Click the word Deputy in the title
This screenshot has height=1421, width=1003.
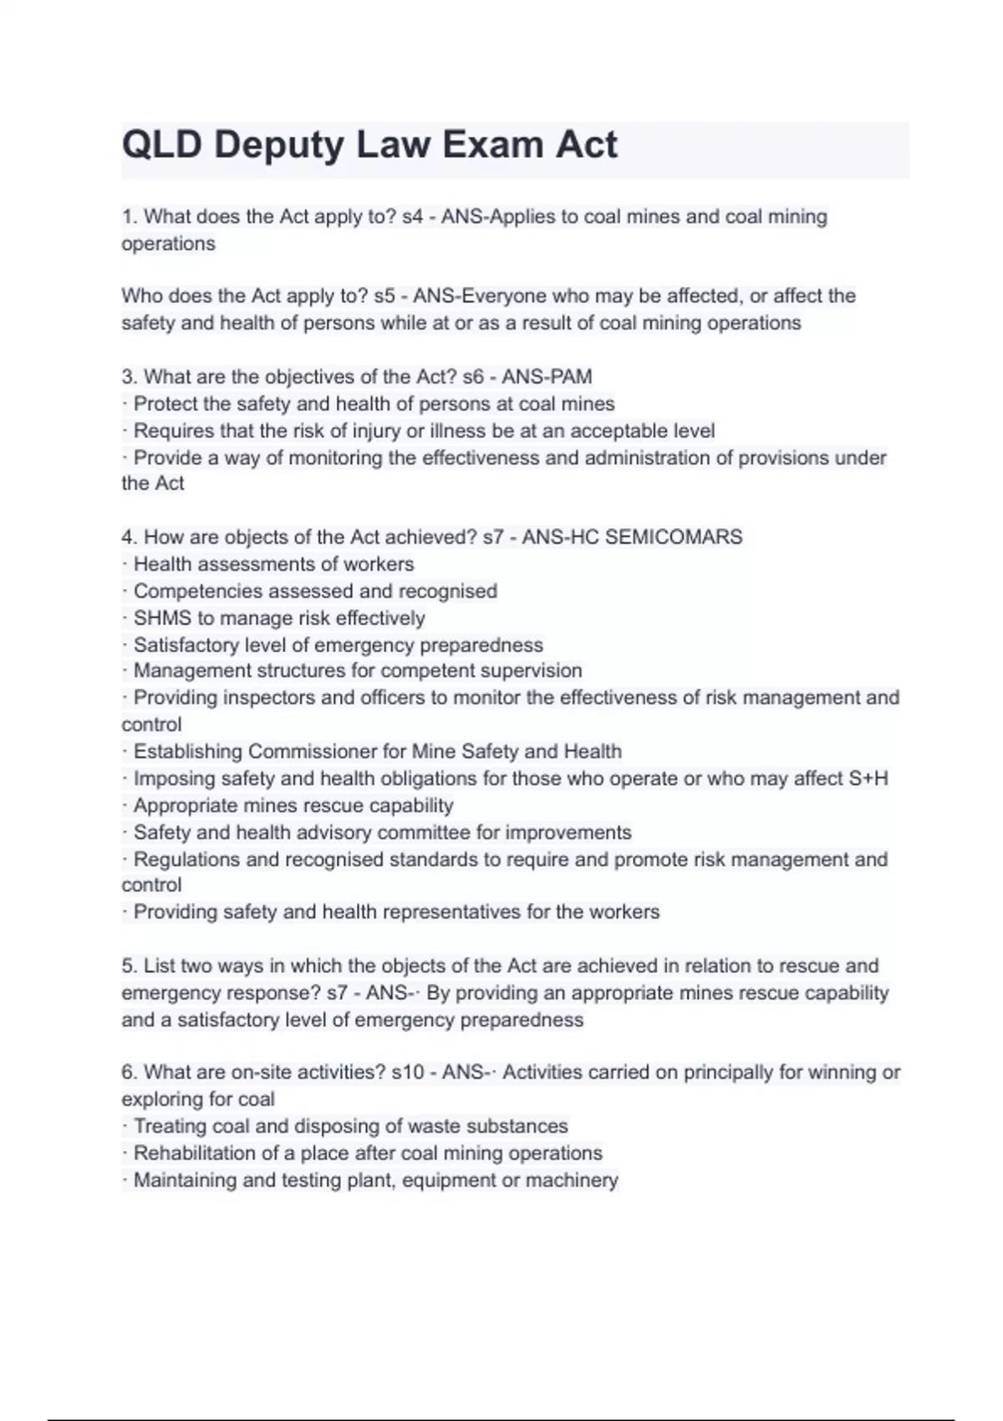point(279,146)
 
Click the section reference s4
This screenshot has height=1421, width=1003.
point(412,216)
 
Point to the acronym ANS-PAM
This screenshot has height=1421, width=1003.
point(547,377)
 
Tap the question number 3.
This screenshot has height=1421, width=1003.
point(128,377)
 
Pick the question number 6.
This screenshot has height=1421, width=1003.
point(128,1072)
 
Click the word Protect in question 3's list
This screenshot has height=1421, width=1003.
point(165,404)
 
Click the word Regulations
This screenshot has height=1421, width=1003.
point(186,859)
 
